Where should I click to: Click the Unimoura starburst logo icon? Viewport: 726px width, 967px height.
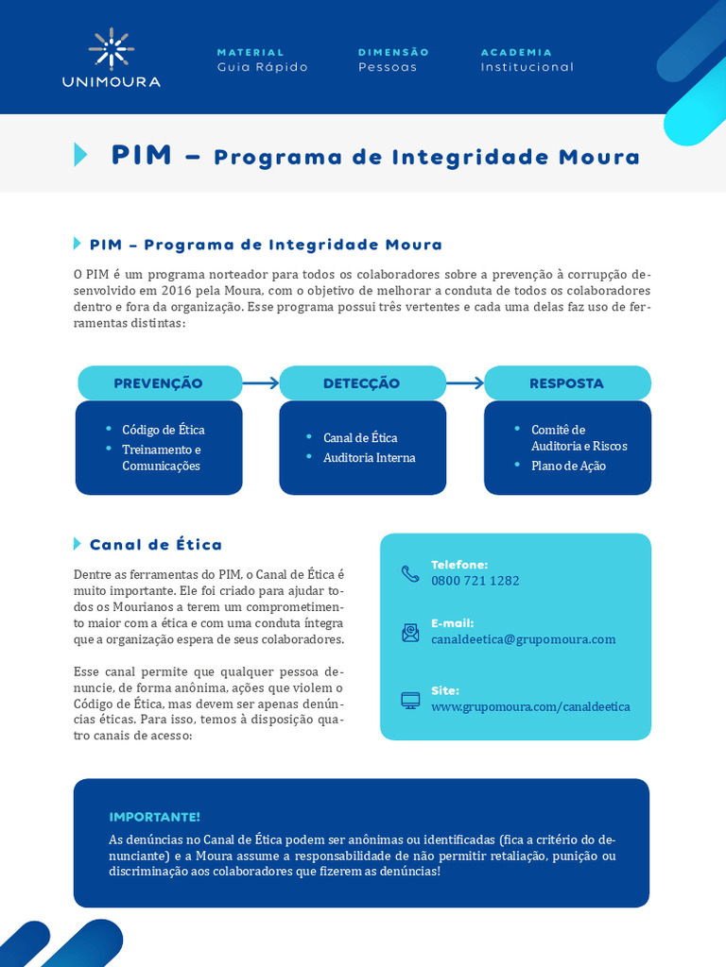[x=112, y=48]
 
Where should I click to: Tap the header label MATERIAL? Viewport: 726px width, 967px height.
[x=251, y=53]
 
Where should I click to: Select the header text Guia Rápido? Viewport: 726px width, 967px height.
[x=262, y=67]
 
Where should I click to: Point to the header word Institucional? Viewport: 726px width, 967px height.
[x=527, y=67]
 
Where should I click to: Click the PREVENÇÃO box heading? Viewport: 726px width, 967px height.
[x=159, y=383]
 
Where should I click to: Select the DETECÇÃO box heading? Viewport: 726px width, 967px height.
[x=361, y=383]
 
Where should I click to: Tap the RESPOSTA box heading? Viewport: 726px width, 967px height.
[x=566, y=383]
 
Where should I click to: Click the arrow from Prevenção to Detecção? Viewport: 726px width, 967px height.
[x=261, y=383]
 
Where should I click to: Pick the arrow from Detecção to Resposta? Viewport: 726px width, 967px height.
[x=465, y=383]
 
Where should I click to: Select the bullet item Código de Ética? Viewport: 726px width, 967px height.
[x=164, y=430]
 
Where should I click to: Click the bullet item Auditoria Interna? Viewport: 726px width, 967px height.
[x=369, y=458]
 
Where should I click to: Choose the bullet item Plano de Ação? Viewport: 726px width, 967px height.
[x=568, y=466]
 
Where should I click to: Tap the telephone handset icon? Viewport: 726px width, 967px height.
[x=410, y=573]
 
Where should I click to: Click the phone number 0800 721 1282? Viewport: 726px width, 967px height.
[x=475, y=581]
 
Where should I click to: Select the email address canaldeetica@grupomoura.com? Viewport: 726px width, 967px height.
[x=523, y=639]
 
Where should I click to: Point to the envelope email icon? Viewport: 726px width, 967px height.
[x=410, y=633]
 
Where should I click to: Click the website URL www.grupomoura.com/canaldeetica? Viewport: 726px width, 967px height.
[x=530, y=706]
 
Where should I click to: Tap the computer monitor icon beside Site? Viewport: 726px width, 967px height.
[x=410, y=700]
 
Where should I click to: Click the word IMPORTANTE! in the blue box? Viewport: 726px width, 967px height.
[x=155, y=817]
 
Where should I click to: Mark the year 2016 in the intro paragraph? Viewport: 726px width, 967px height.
[x=176, y=290]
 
